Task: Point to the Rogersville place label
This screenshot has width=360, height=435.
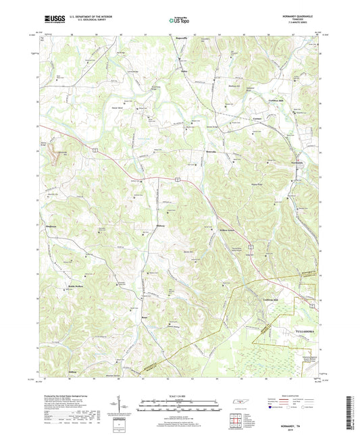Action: click(x=182, y=49)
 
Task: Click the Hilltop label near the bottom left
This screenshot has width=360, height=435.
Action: click(x=55, y=372)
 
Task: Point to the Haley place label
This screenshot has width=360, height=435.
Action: click(x=183, y=68)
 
